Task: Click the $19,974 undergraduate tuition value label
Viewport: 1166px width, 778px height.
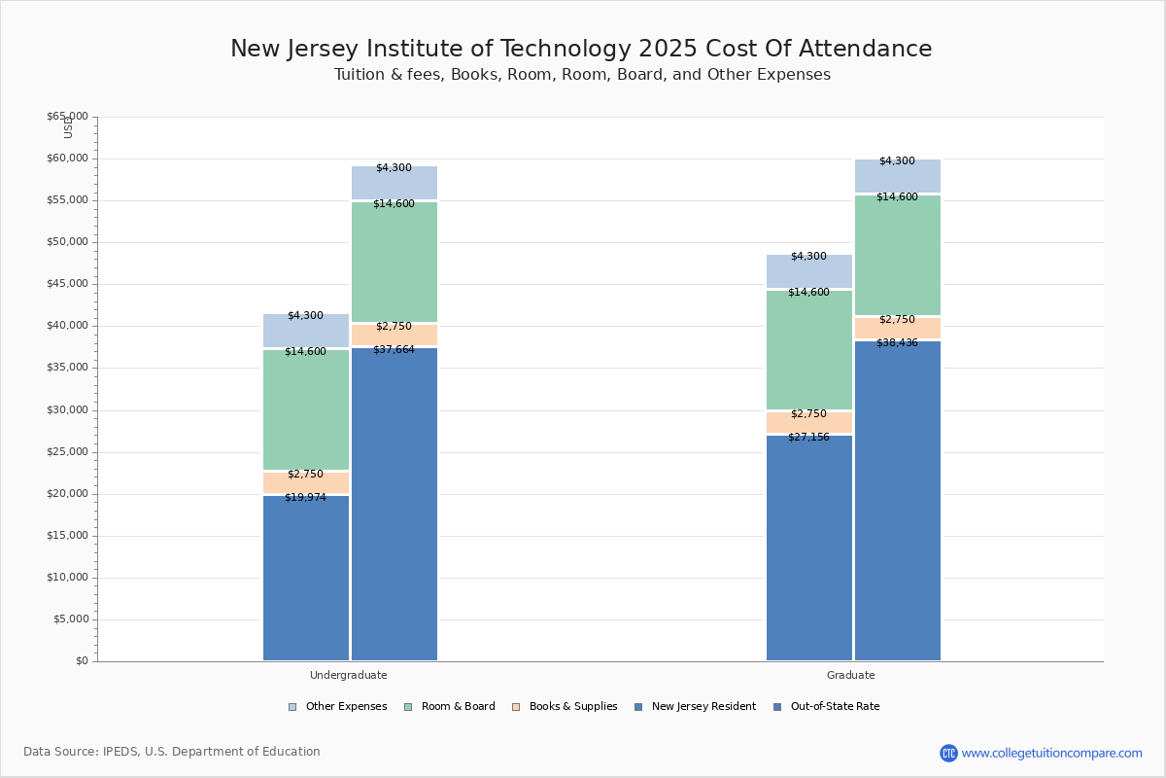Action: pyautogui.click(x=305, y=498)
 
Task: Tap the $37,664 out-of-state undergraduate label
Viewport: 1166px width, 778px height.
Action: pyautogui.click(x=394, y=350)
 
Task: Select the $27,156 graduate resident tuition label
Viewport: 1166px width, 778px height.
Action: pyautogui.click(x=808, y=438)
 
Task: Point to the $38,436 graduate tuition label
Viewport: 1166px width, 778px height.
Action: pyautogui.click(x=897, y=342)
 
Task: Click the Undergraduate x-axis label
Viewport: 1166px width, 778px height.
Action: pyautogui.click(x=348, y=675)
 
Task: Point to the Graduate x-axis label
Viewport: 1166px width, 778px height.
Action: pyautogui.click(x=850, y=675)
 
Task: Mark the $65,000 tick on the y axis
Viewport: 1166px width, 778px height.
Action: pyautogui.click(x=67, y=117)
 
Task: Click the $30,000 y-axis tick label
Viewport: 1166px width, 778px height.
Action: pyautogui.click(x=67, y=410)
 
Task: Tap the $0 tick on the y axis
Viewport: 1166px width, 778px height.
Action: pyautogui.click(x=82, y=661)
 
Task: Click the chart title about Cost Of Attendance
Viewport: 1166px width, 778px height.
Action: pyautogui.click(x=581, y=50)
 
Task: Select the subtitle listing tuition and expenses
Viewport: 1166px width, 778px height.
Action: pyautogui.click(x=582, y=75)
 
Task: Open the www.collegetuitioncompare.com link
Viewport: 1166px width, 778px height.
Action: pyautogui.click(x=1051, y=753)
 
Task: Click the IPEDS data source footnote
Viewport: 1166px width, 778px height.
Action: pyautogui.click(x=172, y=752)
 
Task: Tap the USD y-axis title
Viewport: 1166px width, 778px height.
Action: pyautogui.click(x=68, y=127)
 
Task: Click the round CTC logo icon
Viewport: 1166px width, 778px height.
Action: pyautogui.click(x=948, y=753)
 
